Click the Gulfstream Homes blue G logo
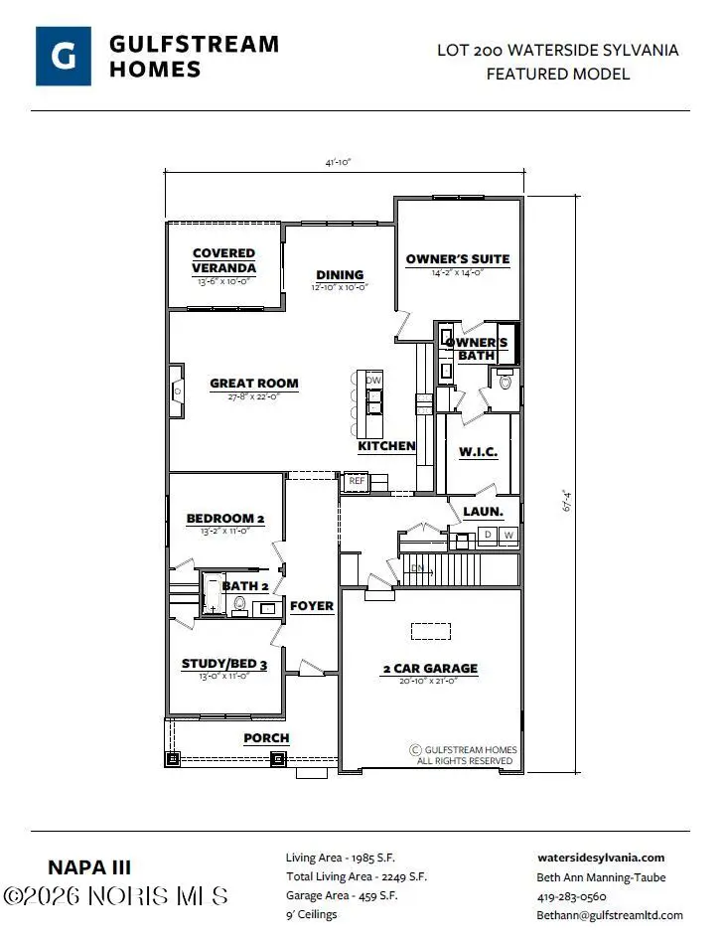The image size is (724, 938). [x=65, y=57]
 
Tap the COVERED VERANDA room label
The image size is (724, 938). [x=223, y=260]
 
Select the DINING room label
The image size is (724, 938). [x=340, y=275]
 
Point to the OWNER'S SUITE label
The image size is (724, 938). [x=457, y=259]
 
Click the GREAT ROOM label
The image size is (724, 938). [x=253, y=384]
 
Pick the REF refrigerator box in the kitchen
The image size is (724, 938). [x=356, y=482]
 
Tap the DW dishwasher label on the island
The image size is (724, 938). [x=373, y=381]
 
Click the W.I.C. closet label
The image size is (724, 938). [x=478, y=452]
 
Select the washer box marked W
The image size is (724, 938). [x=508, y=536]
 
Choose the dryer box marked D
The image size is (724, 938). [x=488, y=536]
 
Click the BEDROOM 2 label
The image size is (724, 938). [x=225, y=519]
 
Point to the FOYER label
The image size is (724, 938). [x=311, y=606]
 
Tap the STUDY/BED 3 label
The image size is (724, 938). [x=224, y=664]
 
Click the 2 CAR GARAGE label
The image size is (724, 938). [x=430, y=669]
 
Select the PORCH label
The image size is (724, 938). [x=266, y=738]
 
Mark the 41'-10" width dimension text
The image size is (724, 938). [x=340, y=163]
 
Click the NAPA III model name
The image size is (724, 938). [x=89, y=867]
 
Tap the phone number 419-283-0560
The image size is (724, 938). [x=572, y=896]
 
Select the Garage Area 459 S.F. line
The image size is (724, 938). [x=343, y=896]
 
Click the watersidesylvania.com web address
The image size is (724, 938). [x=601, y=858]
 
